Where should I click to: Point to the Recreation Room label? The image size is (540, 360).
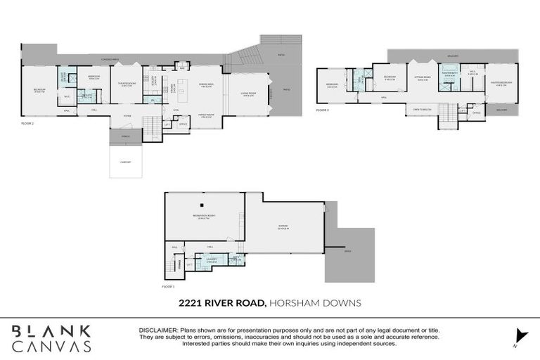tap(205, 216)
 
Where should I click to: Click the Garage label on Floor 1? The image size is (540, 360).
tap(283, 226)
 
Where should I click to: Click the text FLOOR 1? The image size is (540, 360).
tap(168, 287)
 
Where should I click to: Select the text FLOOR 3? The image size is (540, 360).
tap(323, 110)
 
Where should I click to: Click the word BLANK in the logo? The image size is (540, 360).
tap(51, 330)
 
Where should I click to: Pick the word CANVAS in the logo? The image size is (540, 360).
tap(51, 346)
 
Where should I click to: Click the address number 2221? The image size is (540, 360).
tap(191, 303)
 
